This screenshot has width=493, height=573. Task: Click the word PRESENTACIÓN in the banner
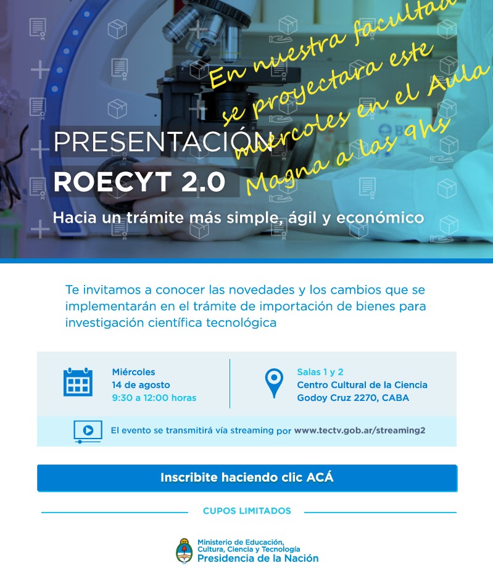[x=163, y=141]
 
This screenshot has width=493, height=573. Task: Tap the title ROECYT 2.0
[x=139, y=181]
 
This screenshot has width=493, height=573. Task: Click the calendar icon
[x=78, y=382]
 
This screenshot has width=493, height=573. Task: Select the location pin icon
[x=274, y=383]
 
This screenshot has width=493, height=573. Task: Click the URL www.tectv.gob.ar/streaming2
[x=360, y=430]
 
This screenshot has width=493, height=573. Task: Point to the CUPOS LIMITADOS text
[x=247, y=511]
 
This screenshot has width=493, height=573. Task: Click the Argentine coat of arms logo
[x=184, y=550]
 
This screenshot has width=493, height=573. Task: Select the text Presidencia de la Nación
[x=258, y=558]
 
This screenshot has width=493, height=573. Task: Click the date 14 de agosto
[x=141, y=385]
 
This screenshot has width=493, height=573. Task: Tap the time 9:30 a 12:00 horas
[x=154, y=398]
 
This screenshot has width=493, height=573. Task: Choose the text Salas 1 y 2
[x=320, y=372]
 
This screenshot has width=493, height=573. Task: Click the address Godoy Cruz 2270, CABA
[x=353, y=398]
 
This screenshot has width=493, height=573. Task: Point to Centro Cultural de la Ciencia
[x=362, y=385]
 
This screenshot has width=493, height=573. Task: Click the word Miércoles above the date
[x=133, y=372]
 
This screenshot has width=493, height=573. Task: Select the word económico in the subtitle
[x=380, y=218]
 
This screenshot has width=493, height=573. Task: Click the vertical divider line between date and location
[x=230, y=384]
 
